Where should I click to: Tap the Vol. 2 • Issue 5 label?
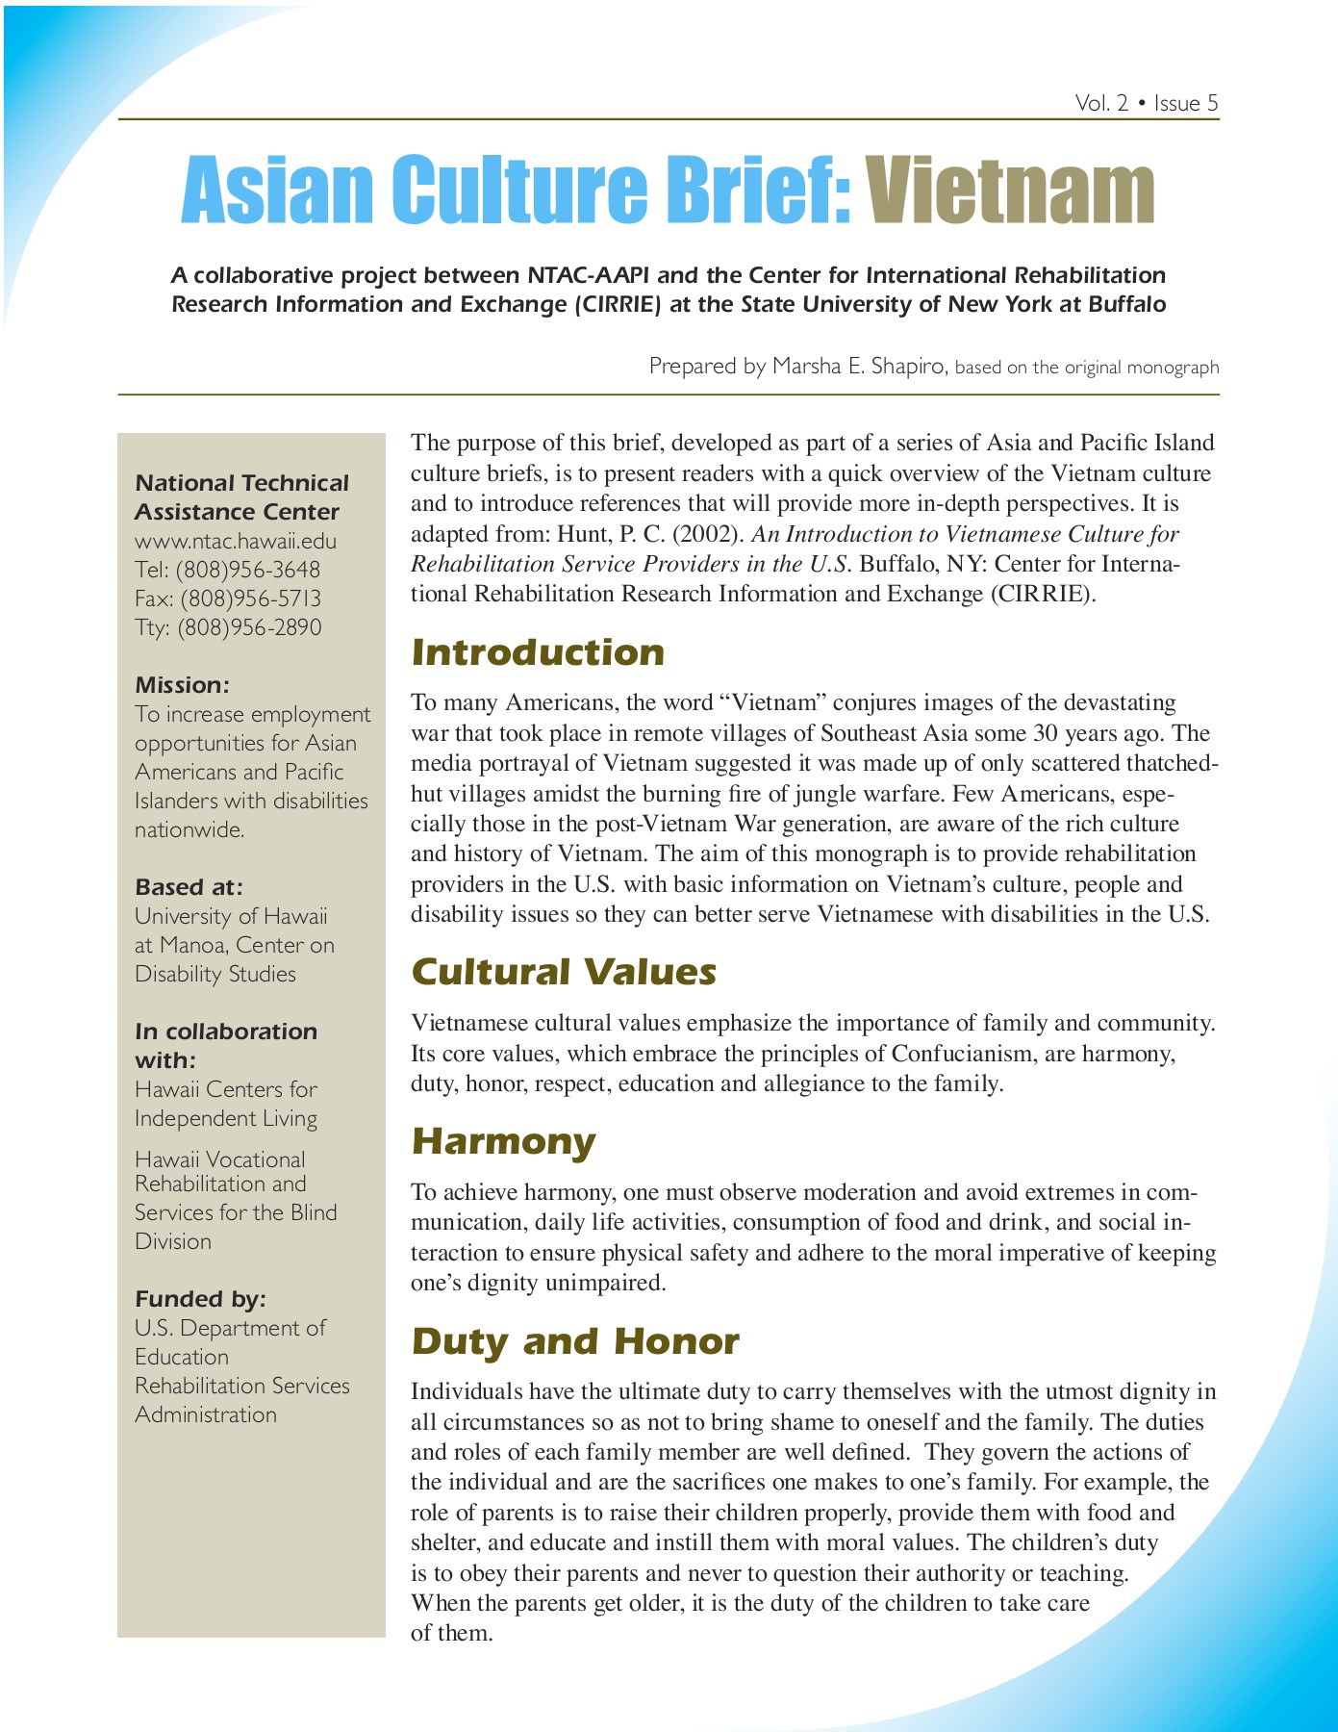pyautogui.click(x=1147, y=103)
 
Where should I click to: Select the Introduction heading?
pyautogui.click(x=538, y=652)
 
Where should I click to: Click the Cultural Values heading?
pyautogui.click(x=564, y=972)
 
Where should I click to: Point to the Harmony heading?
pyautogui.click(x=503, y=1141)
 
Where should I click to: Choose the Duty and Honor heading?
pyautogui.click(x=575, y=1341)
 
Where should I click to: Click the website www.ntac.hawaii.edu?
pyautogui.click(x=236, y=541)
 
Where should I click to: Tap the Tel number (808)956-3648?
pyautogui.click(x=247, y=570)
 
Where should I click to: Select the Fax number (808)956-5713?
pyautogui.click(x=250, y=599)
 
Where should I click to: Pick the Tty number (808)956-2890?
pyautogui.click(x=249, y=627)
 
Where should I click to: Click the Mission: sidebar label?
pyautogui.click(x=182, y=685)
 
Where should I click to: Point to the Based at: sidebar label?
pyautogui.click(x=189, y=887)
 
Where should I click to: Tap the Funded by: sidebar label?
pyautogui.click(x=200, y=1299)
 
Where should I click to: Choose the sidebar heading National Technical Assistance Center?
pyautogui.click(x=240, y=497)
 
